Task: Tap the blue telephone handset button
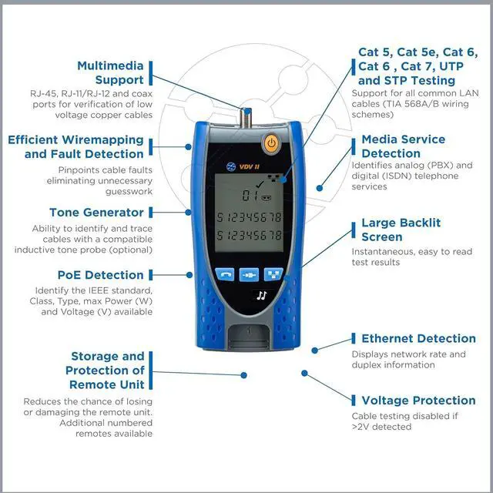225,273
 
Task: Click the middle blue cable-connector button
249,273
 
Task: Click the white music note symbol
262,294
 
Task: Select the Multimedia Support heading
110,72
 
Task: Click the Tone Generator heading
96,212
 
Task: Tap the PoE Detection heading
100,275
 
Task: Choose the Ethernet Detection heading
418,338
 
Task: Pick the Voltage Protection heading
418,400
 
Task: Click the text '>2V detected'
381,427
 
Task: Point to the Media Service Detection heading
403,146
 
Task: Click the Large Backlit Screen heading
401,230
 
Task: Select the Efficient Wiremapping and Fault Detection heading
75,146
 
